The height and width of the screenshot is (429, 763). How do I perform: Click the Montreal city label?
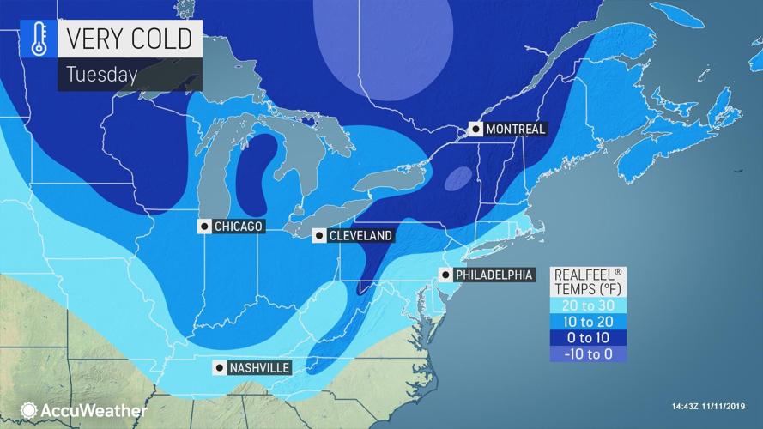516,130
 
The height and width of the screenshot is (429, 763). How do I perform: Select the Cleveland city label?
359,235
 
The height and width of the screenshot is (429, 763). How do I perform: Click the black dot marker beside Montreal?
475,130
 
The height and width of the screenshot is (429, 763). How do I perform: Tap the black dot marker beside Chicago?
204,227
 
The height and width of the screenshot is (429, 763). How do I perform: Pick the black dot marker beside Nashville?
221,368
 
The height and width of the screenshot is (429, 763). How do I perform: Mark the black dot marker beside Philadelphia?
445,275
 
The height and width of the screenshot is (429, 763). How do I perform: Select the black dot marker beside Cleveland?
318,235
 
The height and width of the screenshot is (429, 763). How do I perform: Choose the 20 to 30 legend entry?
588,305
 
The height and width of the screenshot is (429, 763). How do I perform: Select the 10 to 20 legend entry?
588,322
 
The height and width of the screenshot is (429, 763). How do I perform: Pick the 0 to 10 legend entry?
588,338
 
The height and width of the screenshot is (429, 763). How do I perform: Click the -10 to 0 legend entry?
588,353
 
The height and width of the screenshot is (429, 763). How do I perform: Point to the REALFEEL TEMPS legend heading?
588,282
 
